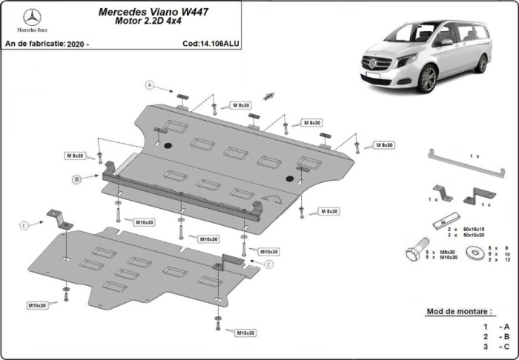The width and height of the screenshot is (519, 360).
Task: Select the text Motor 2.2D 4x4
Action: (x=148, y=22)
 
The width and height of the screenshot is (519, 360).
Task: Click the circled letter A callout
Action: (x=148, y=84)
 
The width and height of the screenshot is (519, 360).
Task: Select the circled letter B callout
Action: (x=76, y=179)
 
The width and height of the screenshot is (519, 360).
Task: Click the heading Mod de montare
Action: (x=457, y=311)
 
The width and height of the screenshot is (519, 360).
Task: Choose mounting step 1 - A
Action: (x=496, y=327)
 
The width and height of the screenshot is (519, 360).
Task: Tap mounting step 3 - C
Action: (x=496, y=346)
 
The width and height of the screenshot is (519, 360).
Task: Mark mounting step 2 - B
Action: (x=496, y=336)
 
